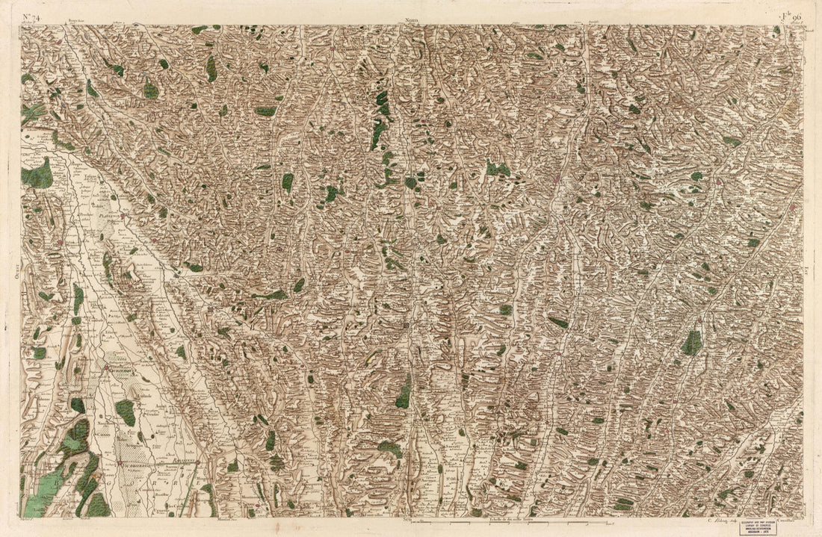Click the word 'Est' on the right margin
coord(809,273)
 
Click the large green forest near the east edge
coord(692,343)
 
